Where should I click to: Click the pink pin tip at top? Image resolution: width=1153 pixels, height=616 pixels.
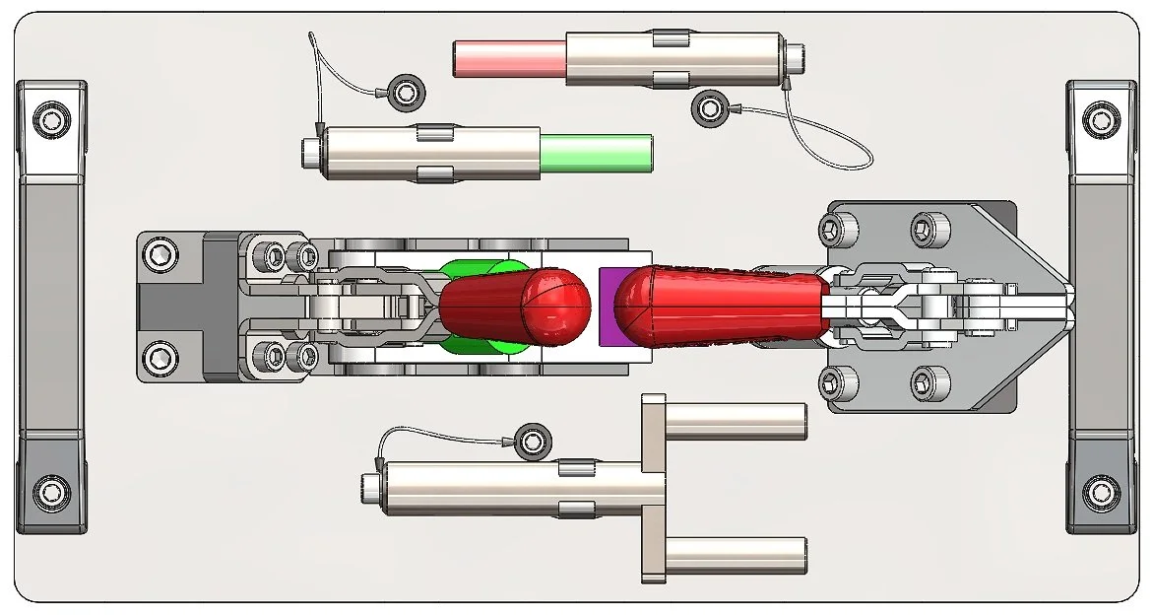(x=508, y=59)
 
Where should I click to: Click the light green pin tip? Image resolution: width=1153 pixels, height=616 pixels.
(x=597, y=153)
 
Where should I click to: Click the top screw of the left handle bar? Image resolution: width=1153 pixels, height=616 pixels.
(x=51, y=120)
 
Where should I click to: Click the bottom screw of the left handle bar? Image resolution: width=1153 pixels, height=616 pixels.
(x=51, y=490)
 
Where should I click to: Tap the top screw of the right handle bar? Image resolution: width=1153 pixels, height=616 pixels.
(x=1100, y=120)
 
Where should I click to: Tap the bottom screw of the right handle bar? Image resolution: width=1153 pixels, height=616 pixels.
(x=1100, y=490)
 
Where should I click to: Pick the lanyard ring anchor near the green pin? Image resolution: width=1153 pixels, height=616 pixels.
(x=404, y=93)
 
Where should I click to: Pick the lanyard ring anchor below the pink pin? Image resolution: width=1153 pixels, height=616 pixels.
(x=708, y=107)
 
